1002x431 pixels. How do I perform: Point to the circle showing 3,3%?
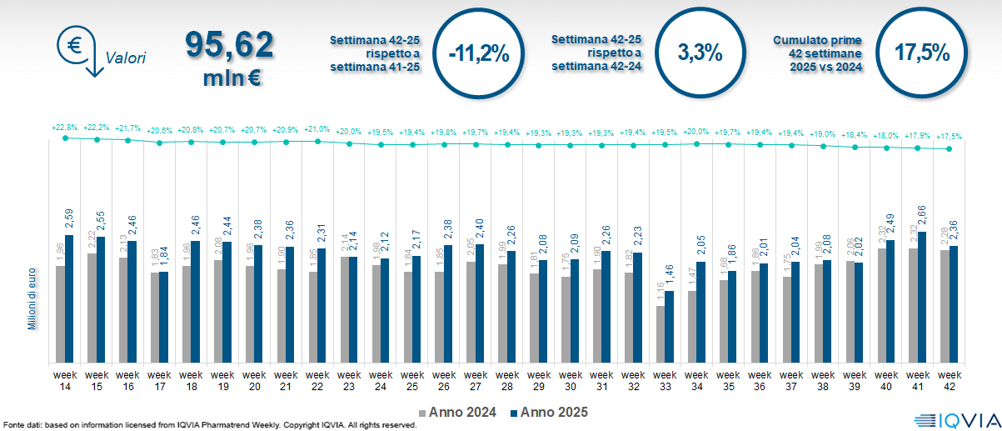pos(700,53)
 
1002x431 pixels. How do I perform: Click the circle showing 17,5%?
pos(921,53)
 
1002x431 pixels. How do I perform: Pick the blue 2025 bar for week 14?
pos(69,298)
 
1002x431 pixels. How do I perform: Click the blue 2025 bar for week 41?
pos(922,297)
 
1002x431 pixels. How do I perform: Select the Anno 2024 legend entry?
pos(460,411)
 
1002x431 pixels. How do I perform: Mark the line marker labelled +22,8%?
pos(65,138)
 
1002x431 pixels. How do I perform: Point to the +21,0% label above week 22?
pos(317,129)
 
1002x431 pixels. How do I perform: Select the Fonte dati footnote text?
pos(209,425)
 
